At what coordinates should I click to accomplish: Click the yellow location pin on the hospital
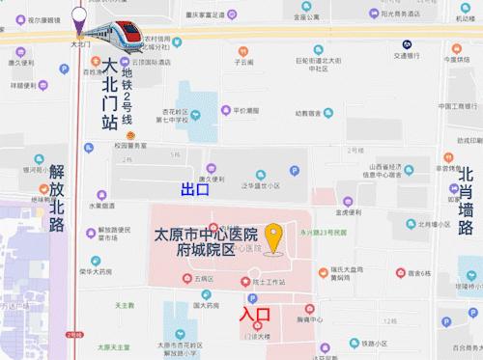[274, 237]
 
